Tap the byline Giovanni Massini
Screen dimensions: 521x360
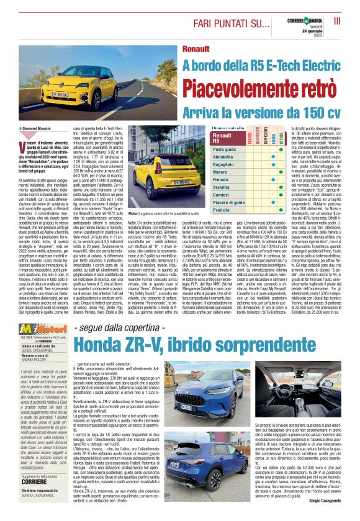click(x=37, y=127)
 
